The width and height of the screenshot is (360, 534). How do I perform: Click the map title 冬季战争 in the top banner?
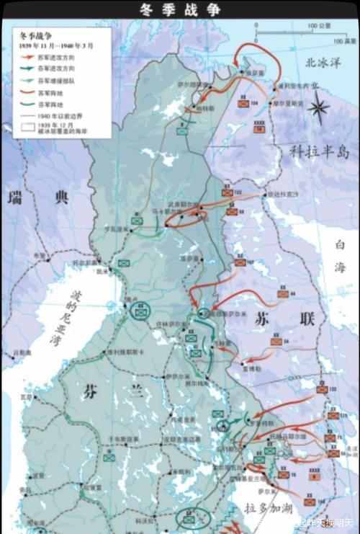tap(180, 9)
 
